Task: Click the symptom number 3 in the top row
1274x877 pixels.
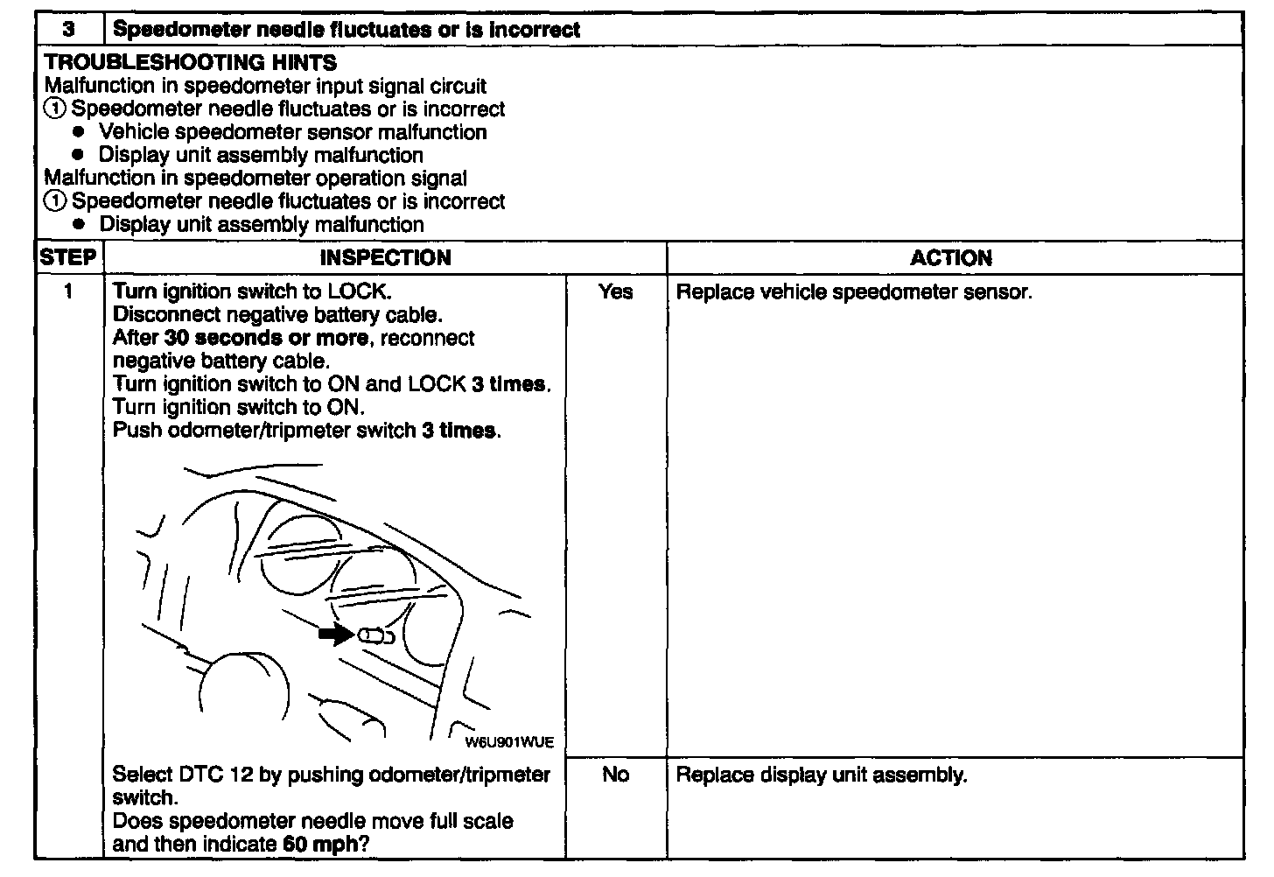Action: [68, 30]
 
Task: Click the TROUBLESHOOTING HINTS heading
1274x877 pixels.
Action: [190, 63]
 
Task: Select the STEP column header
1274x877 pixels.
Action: [68, 258]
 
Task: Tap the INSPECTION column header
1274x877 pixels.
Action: [385, 258]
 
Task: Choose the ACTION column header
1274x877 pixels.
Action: [951, 258]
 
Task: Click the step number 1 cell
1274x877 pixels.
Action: [68, 291]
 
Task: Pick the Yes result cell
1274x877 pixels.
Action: [615, 291]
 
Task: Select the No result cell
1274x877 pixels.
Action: [615, 775]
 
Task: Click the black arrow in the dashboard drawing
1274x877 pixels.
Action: [335, 635]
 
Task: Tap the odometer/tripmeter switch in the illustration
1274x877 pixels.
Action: [373, 636]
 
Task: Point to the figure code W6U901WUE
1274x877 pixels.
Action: [509, 742]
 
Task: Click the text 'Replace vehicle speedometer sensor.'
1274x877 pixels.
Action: [854, 291]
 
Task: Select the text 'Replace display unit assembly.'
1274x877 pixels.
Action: [822, 775]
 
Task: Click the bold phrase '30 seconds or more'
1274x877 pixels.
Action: [266, 338]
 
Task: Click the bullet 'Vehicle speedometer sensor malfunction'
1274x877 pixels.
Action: [292, 132]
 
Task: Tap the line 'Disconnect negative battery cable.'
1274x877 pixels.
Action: [278, 314]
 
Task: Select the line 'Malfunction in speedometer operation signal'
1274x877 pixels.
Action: [255, 178]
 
